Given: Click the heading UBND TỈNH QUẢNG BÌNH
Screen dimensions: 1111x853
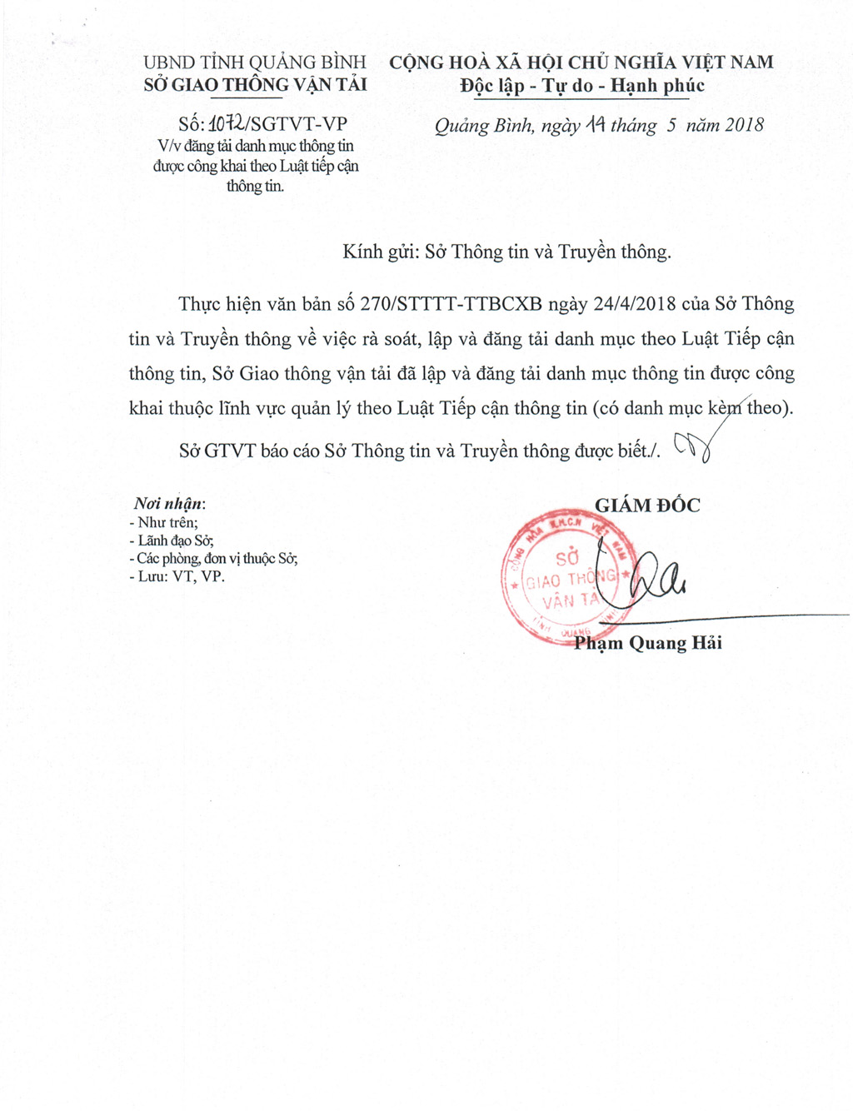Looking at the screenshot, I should click(255, 62).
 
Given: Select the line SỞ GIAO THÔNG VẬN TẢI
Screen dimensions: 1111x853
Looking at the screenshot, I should click(255, 85).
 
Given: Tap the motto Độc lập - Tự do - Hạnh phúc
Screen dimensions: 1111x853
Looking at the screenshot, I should click(582, 86).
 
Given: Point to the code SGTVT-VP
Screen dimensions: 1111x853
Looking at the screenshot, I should click(299, 124).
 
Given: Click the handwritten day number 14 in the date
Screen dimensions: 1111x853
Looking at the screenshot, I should click(594, 125).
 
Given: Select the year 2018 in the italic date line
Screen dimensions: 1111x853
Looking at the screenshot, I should click(744, 125).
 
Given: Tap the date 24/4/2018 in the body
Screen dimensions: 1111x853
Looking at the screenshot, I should click(635, 304).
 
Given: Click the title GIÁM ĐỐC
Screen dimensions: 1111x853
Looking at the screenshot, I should click(647, 505).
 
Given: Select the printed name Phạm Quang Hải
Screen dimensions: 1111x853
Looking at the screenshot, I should click(648, 643).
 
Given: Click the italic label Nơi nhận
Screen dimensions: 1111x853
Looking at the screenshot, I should click(169, 503).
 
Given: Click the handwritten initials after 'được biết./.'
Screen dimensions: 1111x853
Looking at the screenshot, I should click(692, 448).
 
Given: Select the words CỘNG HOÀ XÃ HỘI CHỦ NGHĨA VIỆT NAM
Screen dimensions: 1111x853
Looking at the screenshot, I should click(581, 62).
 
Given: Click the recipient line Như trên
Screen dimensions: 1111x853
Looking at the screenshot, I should click(164, 523).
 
